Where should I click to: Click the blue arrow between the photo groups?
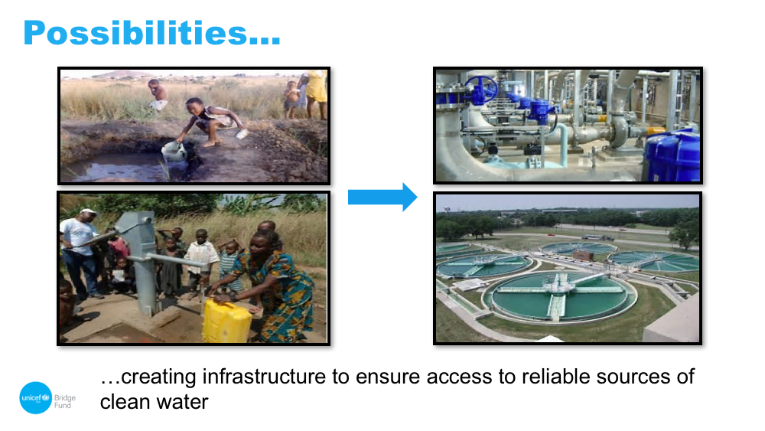[x=382, y=198]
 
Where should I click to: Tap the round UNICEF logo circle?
[x=36, y=398]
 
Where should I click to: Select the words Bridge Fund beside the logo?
[x=65, y=401]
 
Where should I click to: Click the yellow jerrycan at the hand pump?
[x=226, y=320]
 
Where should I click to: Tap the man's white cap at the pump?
[x=88, y=212]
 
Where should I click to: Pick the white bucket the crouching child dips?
[x=174, y=152]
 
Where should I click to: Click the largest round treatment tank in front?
[x=559, y=295]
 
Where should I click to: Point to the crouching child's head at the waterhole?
[x=194, y=106]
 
